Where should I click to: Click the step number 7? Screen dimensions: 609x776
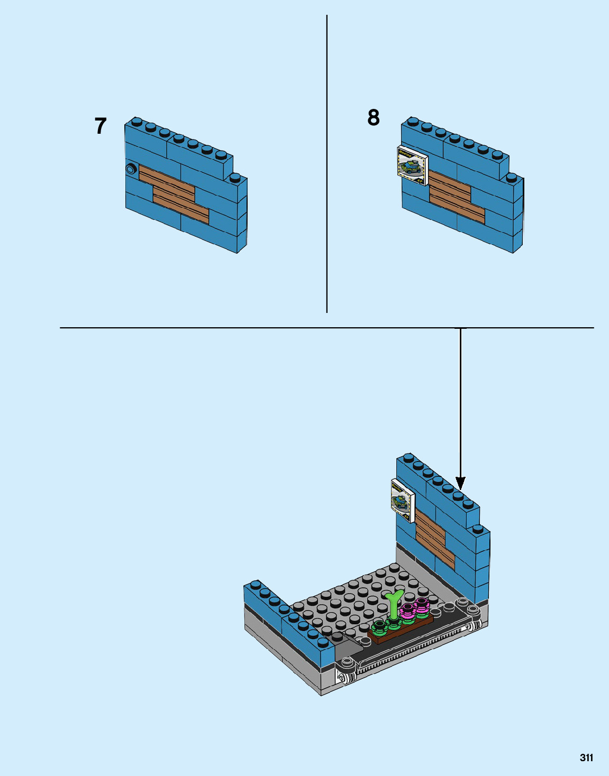point(101,126)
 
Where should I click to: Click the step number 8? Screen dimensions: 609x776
point(374,117)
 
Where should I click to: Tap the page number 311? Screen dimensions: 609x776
point(586,757)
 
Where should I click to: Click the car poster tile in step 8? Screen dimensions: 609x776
point(412,166)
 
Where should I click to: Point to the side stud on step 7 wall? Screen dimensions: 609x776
point(131,169)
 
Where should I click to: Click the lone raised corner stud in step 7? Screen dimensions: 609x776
point(235,178)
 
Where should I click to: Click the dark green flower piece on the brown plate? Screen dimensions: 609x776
point(379,627)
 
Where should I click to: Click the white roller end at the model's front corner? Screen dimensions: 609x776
point(342,677)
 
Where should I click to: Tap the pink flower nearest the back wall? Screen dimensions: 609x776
point(422,603)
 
